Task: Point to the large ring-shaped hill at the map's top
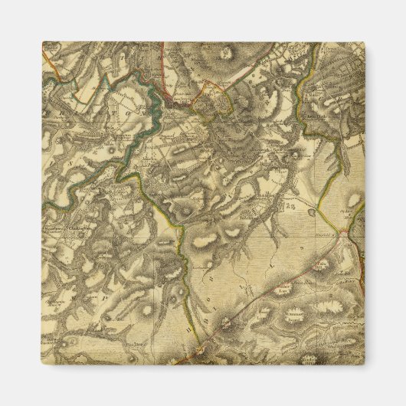point(228,53)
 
